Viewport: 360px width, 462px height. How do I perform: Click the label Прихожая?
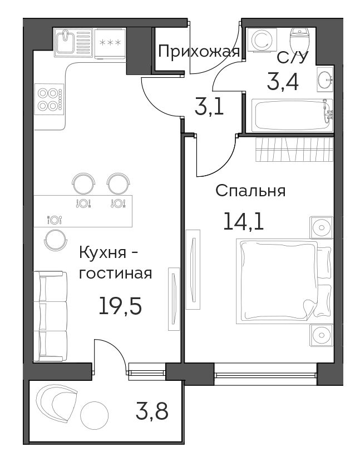[x=199, y=52]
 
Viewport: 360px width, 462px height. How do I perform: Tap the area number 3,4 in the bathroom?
[x=283, y=82]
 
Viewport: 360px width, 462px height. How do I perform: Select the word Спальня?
[x=250, y=191]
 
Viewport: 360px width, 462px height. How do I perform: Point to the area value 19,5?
[x=120, y=306]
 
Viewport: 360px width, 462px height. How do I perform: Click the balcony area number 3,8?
[x=152, y=411]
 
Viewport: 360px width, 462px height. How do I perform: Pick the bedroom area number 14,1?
[x=243, y=221]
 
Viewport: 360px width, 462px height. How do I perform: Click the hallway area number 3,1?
[x=209, y=107]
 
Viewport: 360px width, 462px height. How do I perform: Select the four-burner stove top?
[x=49, y=99]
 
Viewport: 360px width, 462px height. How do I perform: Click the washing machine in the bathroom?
[x=262, y=40]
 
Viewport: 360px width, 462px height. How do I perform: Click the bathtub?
[x=292, y=115]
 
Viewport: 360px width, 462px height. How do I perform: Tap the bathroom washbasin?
[x=326, y=78]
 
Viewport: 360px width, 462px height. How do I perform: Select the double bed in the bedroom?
[x=284, y=281]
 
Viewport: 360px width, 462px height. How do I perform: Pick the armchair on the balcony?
[x=57, y=404]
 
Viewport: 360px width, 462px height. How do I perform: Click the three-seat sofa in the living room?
[x=51, y=316]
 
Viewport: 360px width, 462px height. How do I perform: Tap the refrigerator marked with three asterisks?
[x=110, y=43]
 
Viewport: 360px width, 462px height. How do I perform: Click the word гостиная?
[x=116, y=274]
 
